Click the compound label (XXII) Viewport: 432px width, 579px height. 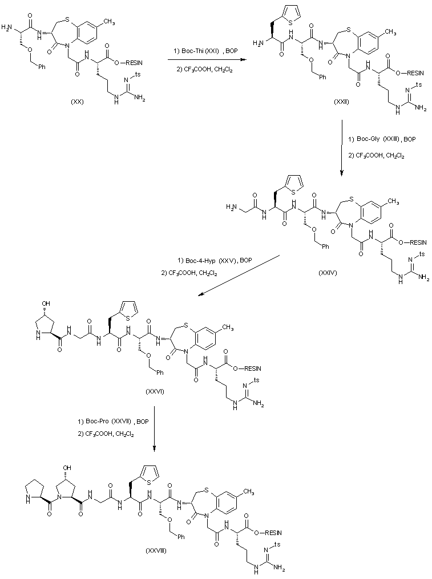point(342,101)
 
